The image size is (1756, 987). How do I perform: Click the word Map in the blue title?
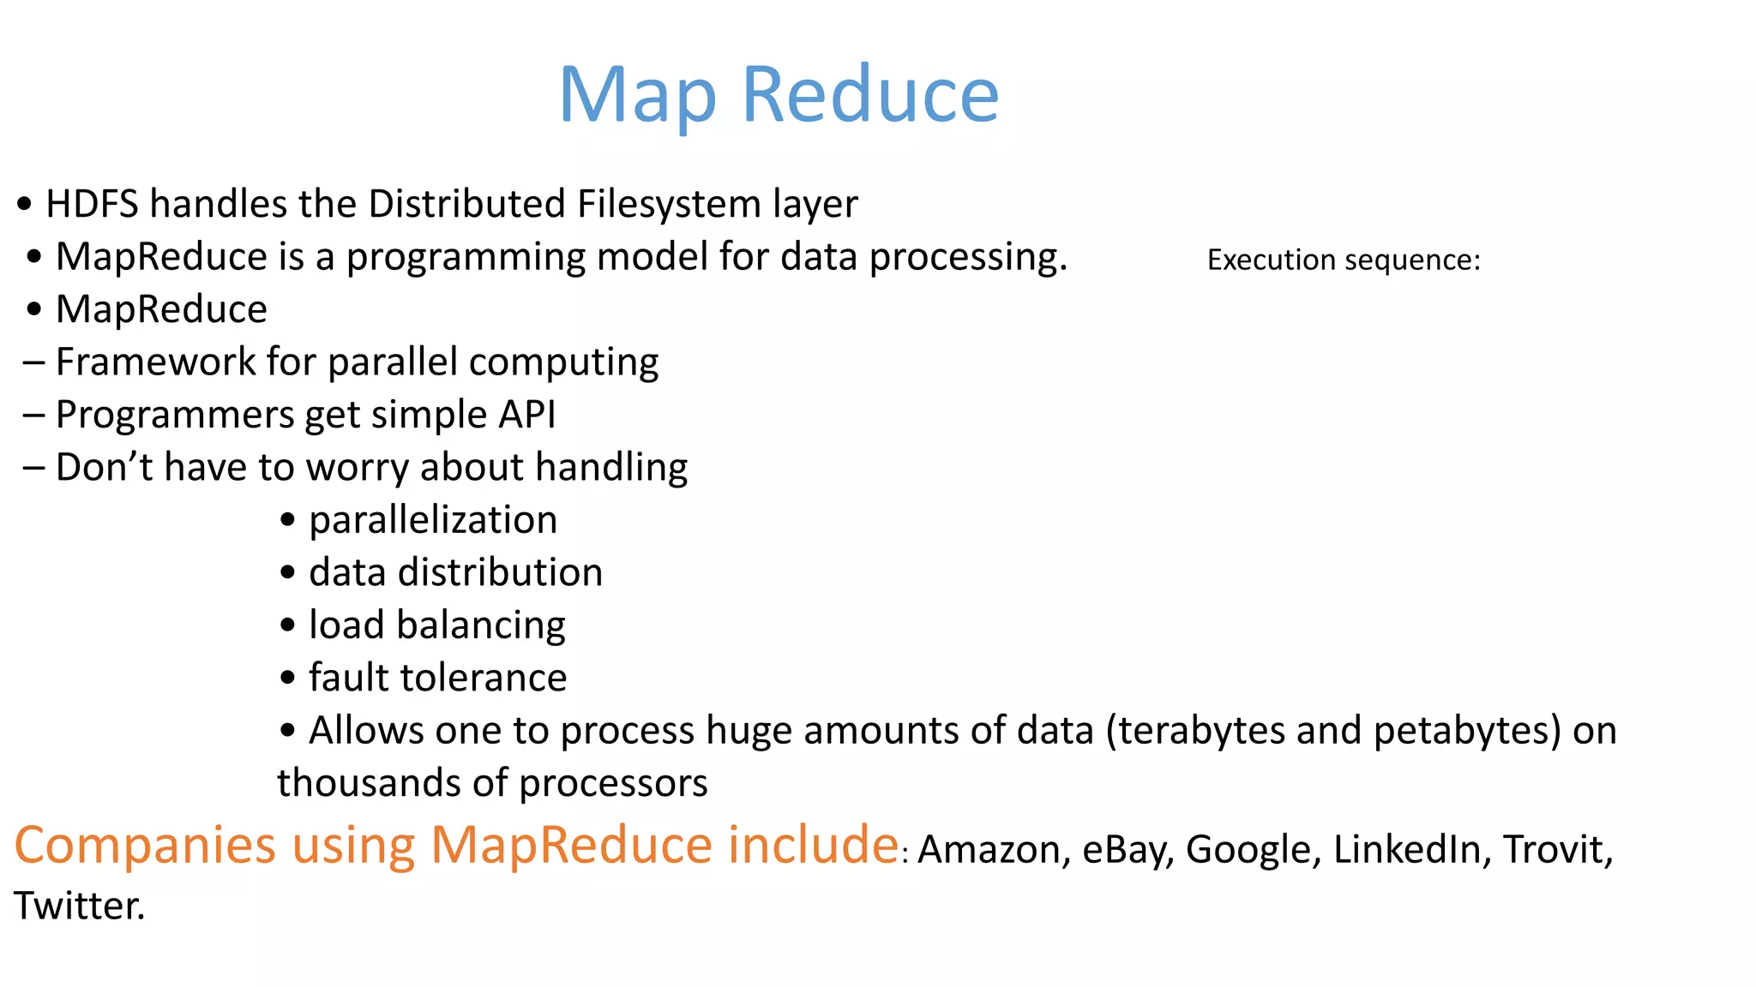pos(637,96)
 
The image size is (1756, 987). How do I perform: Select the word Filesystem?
pos(669,205)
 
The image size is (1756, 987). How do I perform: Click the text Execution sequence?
pos(1344,260)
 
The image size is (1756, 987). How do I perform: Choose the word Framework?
pos(155,362)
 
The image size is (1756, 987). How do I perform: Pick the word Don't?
pos(104,468)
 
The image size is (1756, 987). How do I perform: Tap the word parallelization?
pos(433,521)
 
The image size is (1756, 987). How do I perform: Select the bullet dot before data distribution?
pos(288,573)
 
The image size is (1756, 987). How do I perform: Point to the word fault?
pos(346,679)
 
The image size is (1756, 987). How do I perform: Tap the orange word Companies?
pos(145,846)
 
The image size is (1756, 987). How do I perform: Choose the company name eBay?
pos(1128,850)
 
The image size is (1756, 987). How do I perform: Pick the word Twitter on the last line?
pos(78,906)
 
